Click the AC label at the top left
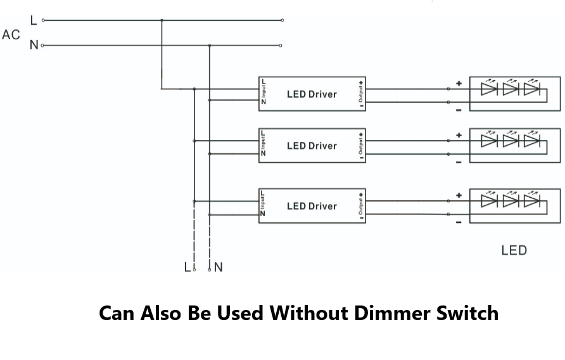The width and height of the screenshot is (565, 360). pyautogui.click(x=11, y=35)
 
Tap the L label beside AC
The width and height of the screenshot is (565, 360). pyautogui.click(x=34, y=20)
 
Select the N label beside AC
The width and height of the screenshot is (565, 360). pyautogui.click(x=34, y=46)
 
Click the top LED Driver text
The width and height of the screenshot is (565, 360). pyautogui.click(x=312, y=94)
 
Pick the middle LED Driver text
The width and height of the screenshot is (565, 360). pyautogui.click(x=312, y=146)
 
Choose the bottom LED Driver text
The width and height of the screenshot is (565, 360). pyautogui.click(x=312, y=206)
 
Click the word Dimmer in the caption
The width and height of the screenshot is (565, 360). pyautogui.click(x=390, y=313)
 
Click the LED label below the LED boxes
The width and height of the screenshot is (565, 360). pyautogui.click(x=514, y=250)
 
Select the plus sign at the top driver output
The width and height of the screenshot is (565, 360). pyautogui.click(x=459, y=84)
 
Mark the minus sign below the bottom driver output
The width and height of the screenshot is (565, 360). pyautogui.click(x=459, y=222)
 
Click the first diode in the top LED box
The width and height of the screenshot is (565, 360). pyautogui.click(x=488, y=89)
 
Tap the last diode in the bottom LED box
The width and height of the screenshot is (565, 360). pyautogui.click(x=532, y=202)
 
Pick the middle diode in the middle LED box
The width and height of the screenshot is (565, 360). pyautogui.click(x=511, y=141)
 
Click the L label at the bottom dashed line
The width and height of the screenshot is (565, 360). pyautogui.click(x=187, y=267)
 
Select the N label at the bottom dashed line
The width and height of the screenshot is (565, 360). pyautogui.click(x=219, y=267)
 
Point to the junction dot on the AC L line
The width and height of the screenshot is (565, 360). pyautogui.click(x=162, y=20)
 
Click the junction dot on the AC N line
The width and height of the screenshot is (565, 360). pyautogui.click(x=210, y=46)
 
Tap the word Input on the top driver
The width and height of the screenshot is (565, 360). pyautogui.click(x=263, y=93)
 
